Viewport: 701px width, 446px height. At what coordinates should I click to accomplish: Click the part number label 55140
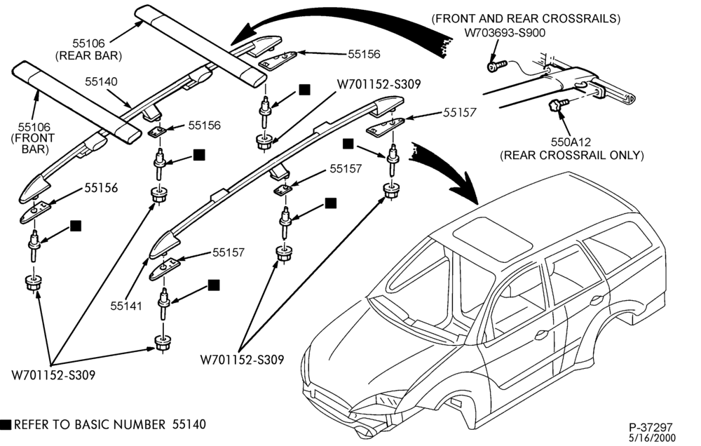(x=101, y=81)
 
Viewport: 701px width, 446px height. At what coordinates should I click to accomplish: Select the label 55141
(x=126, y=306)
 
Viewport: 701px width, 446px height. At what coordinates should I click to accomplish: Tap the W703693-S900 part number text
(x=505, y=33)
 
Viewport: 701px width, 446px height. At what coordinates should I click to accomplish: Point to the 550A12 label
(x=571, y=142)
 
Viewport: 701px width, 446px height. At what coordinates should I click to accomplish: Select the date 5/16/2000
(x=653, y=438)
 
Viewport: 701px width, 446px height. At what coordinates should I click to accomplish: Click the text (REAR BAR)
(x=88, y=55)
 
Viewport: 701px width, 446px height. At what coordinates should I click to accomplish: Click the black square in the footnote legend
(x=6, y=424)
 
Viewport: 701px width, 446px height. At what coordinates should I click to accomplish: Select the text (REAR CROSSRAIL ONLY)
(x=572, y=155)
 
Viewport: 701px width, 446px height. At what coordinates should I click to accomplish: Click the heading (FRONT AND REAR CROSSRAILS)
(x=526, y=19)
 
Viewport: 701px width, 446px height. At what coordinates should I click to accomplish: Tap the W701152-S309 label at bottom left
(x=53, y=375)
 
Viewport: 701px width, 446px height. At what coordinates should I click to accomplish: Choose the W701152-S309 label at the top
(x=379, y=84)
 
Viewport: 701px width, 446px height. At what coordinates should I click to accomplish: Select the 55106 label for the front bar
(x=34, y=128)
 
